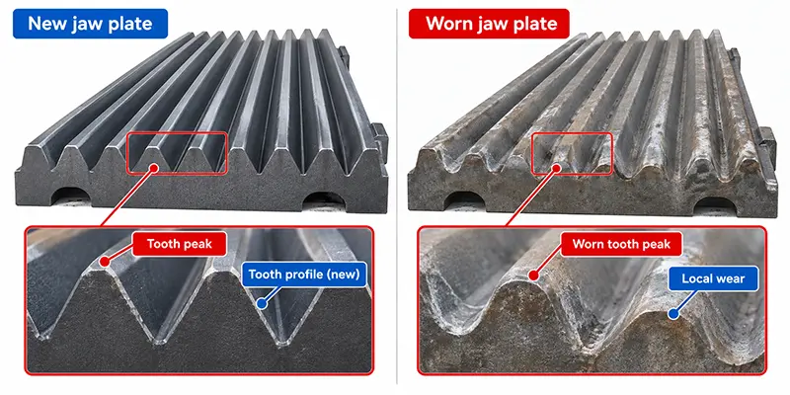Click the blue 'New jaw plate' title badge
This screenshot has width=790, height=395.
(90, 24)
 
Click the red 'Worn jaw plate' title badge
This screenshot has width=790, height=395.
(489, 24)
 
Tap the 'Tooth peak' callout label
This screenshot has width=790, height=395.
(180, 244)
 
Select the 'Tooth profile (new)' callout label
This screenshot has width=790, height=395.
(304, 275)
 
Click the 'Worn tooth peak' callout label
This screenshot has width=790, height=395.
(622, 244)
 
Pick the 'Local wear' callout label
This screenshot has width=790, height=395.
(713, 278)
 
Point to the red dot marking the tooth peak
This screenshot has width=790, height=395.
(105, 262)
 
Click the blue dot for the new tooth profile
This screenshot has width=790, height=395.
(261, 304)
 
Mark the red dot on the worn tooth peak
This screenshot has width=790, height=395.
(534, 276)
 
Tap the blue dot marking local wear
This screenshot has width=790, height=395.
(672, 314)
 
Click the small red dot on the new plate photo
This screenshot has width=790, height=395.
(154, 165)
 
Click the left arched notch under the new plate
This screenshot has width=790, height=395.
(70, 197)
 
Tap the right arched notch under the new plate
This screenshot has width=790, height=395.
(324, 200)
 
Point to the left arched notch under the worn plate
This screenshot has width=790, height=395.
(464, 200)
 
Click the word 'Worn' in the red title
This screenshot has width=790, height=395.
(450, 24)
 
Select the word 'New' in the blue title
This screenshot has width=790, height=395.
(46, 24)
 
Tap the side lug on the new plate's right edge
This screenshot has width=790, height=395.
(380, 137)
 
